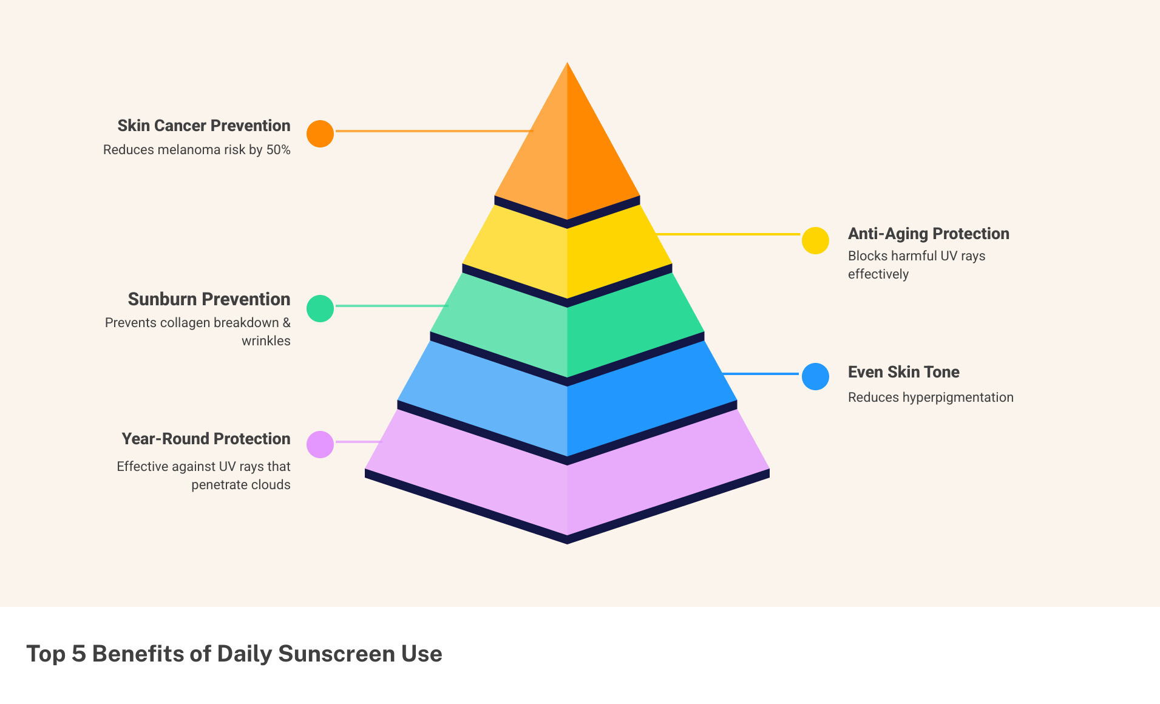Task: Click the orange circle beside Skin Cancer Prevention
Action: [320, 134]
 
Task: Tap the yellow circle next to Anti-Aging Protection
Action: [815, 240]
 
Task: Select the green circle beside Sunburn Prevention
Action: [320, 308]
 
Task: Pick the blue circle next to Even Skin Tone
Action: [815, 376]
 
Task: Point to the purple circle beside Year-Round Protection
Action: [320, 444]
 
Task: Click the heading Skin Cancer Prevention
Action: [204, 126]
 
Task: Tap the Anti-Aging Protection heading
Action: [928, 234]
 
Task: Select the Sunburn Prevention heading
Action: [209, 299]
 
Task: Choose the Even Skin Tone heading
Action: [903, 372]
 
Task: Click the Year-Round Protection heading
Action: [206, 439]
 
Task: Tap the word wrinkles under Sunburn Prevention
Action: [266, 341]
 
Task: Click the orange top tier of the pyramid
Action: [567, 146]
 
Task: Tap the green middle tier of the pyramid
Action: [567, 328]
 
